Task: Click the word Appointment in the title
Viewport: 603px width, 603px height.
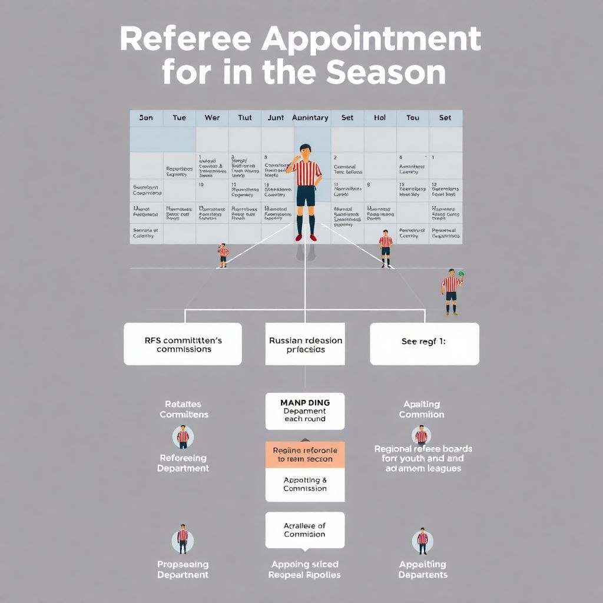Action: click(x=371, y=39)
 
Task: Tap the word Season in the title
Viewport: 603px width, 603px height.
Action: click(x=386, y=72)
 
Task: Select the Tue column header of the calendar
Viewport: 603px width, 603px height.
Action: click(x=179, y=118)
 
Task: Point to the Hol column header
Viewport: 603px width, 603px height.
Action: click(x=380, y=118)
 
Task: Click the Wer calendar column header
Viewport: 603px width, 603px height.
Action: click(x=212, y=118)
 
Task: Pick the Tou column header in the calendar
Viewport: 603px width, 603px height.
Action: click(x=413, y=118)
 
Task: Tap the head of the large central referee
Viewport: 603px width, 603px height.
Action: click(x=304, y=151)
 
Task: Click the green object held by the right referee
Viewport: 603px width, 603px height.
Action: click(x=461, y=273)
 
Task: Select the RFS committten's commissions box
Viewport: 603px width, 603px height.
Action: click(x=183, y=344)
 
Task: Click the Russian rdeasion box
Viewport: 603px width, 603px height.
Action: click(x=305, y=344)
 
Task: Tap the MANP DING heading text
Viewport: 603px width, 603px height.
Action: click(x=305, y=403)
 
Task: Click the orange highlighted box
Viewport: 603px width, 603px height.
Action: click(x=305, y=455)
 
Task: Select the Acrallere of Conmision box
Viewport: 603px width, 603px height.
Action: click(x=305, y=530)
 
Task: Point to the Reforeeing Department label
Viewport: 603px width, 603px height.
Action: click(x=183, y=463)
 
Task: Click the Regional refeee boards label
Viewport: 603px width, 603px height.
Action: click(x=423, y=449)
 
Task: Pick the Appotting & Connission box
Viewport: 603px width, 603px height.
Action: click(x=305, y=485)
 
